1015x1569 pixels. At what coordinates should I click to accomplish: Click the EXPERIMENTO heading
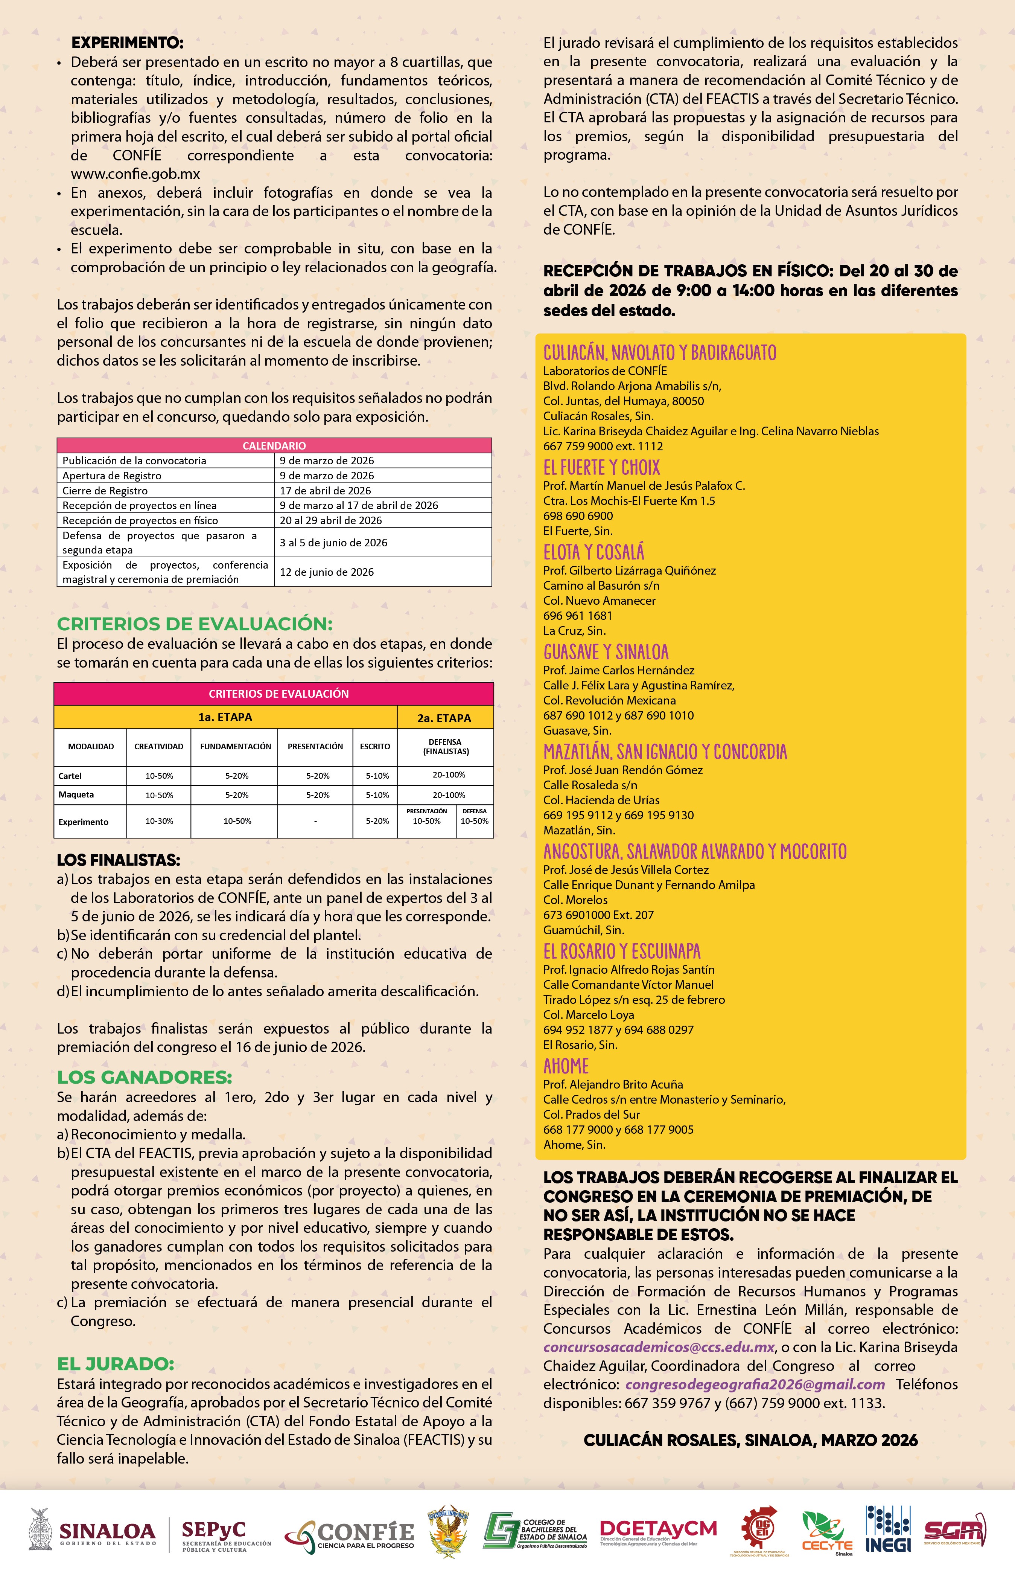(x=127, y=43)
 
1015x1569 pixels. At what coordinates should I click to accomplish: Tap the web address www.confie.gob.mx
(x=135, y=174)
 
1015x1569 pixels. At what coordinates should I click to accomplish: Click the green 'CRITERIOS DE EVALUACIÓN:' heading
(x=195, y=624)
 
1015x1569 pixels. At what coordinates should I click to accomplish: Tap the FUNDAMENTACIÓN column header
(x=235, y=746)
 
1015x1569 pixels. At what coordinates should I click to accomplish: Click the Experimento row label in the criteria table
(x=83, y=822)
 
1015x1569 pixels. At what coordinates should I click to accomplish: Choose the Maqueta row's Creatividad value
(x=159, y=795)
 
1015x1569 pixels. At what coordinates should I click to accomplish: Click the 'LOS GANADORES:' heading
(x=145, y=1077)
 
